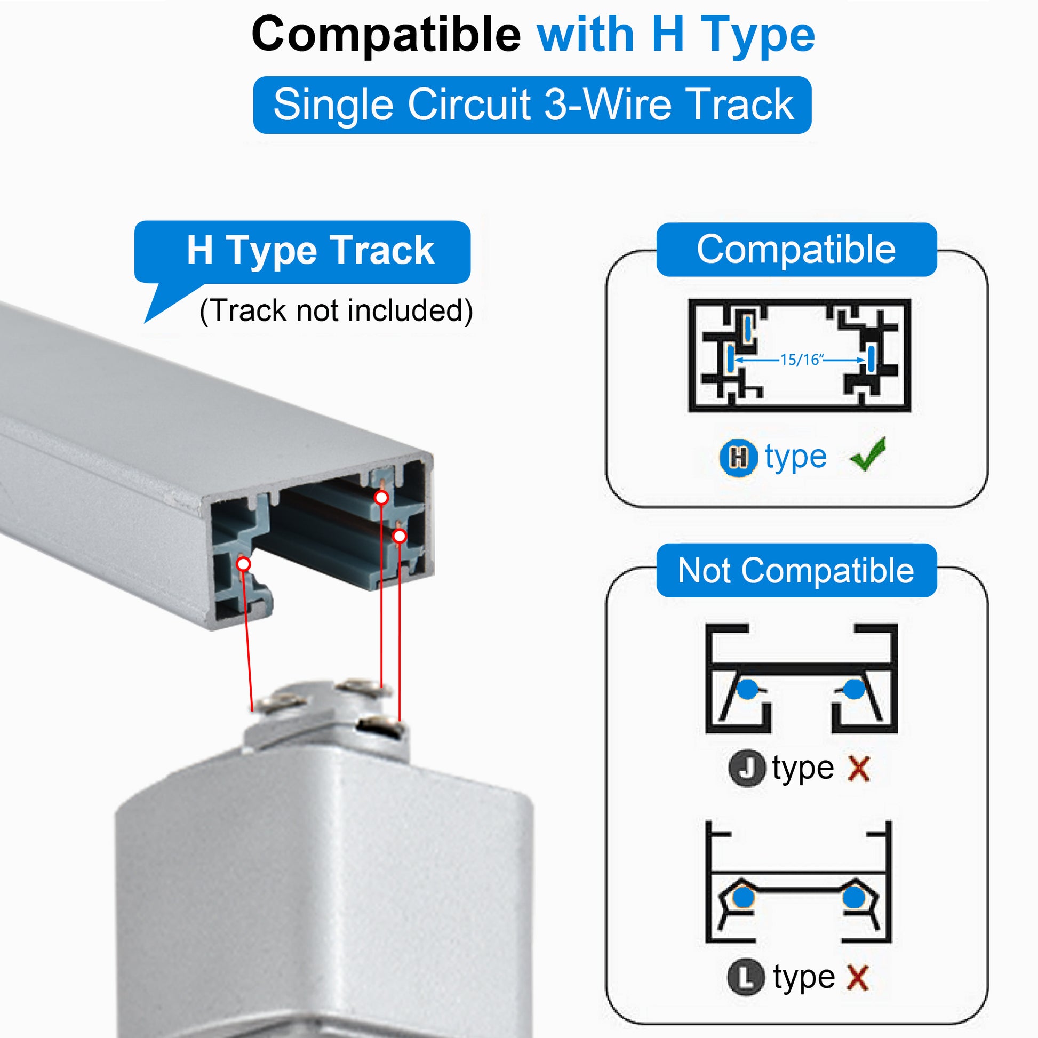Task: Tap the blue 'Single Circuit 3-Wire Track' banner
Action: point(532,105)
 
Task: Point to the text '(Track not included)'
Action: point(336,310)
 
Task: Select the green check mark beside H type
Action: point(868,454)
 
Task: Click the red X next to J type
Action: point(859,769)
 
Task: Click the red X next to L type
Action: point(858,977)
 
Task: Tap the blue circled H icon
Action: point(739,458)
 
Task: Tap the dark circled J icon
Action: point(747,769)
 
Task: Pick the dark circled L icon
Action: point(746,977)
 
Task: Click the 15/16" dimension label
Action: point(801,360)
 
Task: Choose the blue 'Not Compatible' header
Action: point(796,571)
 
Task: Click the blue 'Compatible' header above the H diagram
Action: point(796,249)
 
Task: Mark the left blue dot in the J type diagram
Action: point(747,689)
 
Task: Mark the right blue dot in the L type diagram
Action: point(854,897)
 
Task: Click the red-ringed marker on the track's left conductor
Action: point(243,564)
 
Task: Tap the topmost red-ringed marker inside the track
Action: point(381,498)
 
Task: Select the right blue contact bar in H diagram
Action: point(871,358)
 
